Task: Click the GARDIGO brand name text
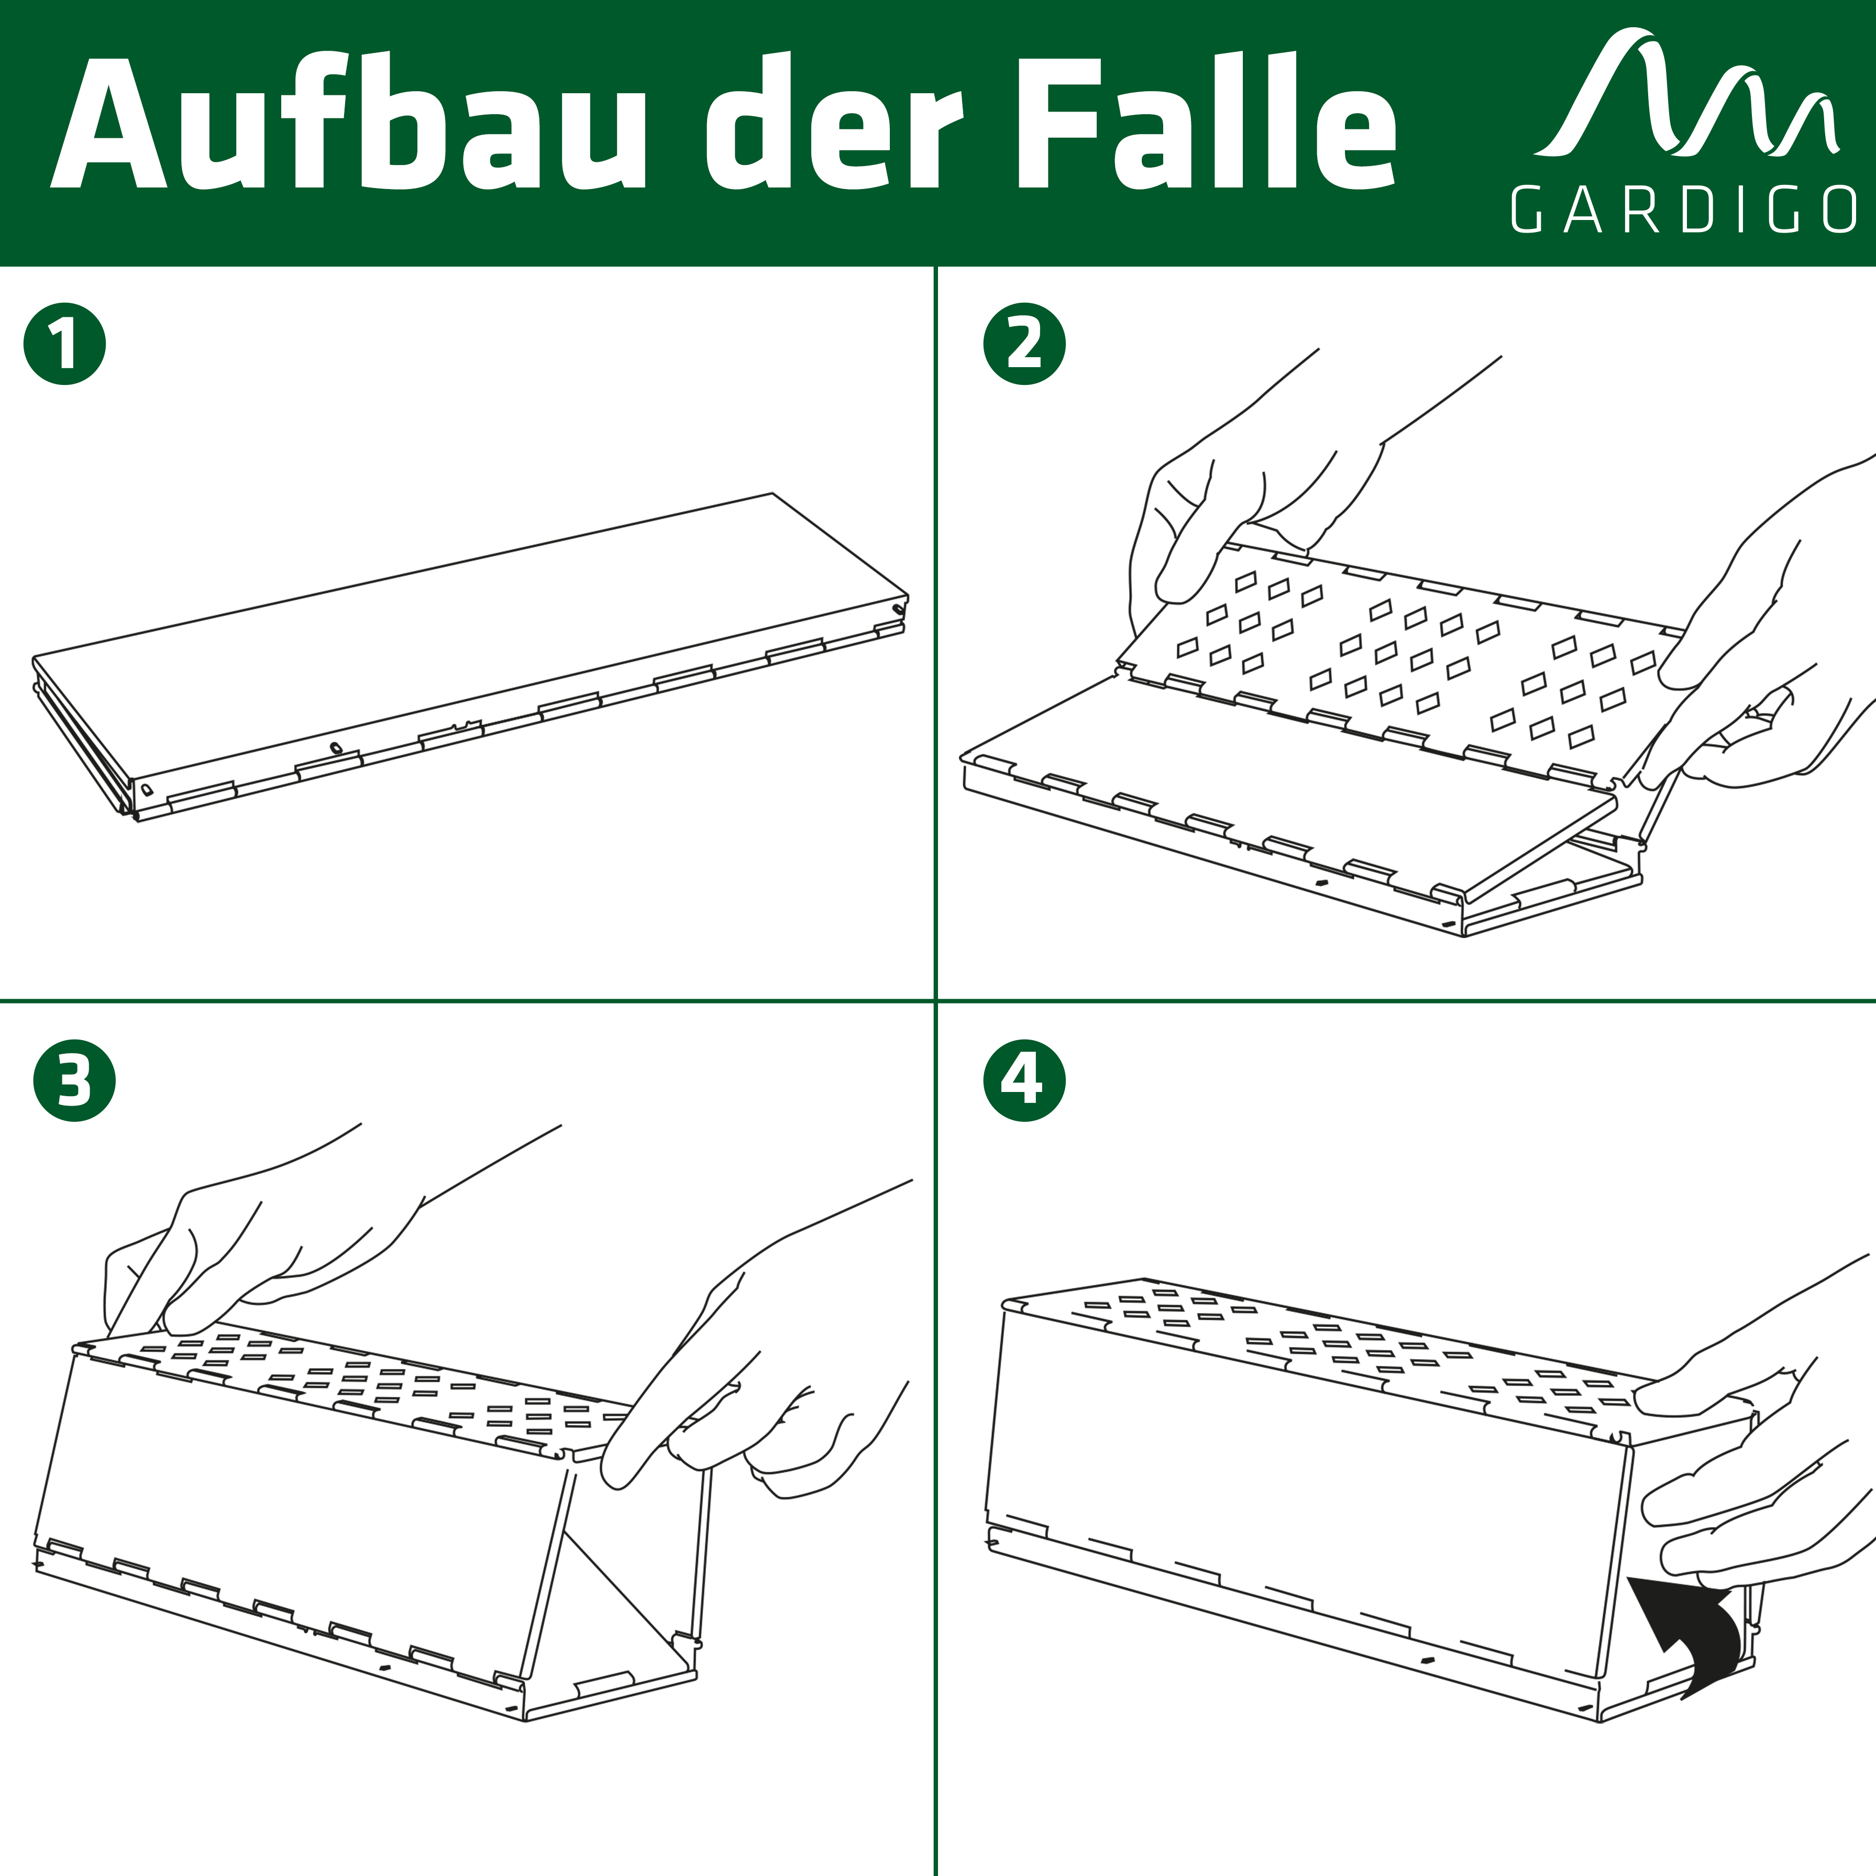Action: point(1683,209)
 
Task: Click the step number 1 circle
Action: point(64,345)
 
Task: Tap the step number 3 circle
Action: point(74,1081)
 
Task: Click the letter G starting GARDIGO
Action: point(1527,209)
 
